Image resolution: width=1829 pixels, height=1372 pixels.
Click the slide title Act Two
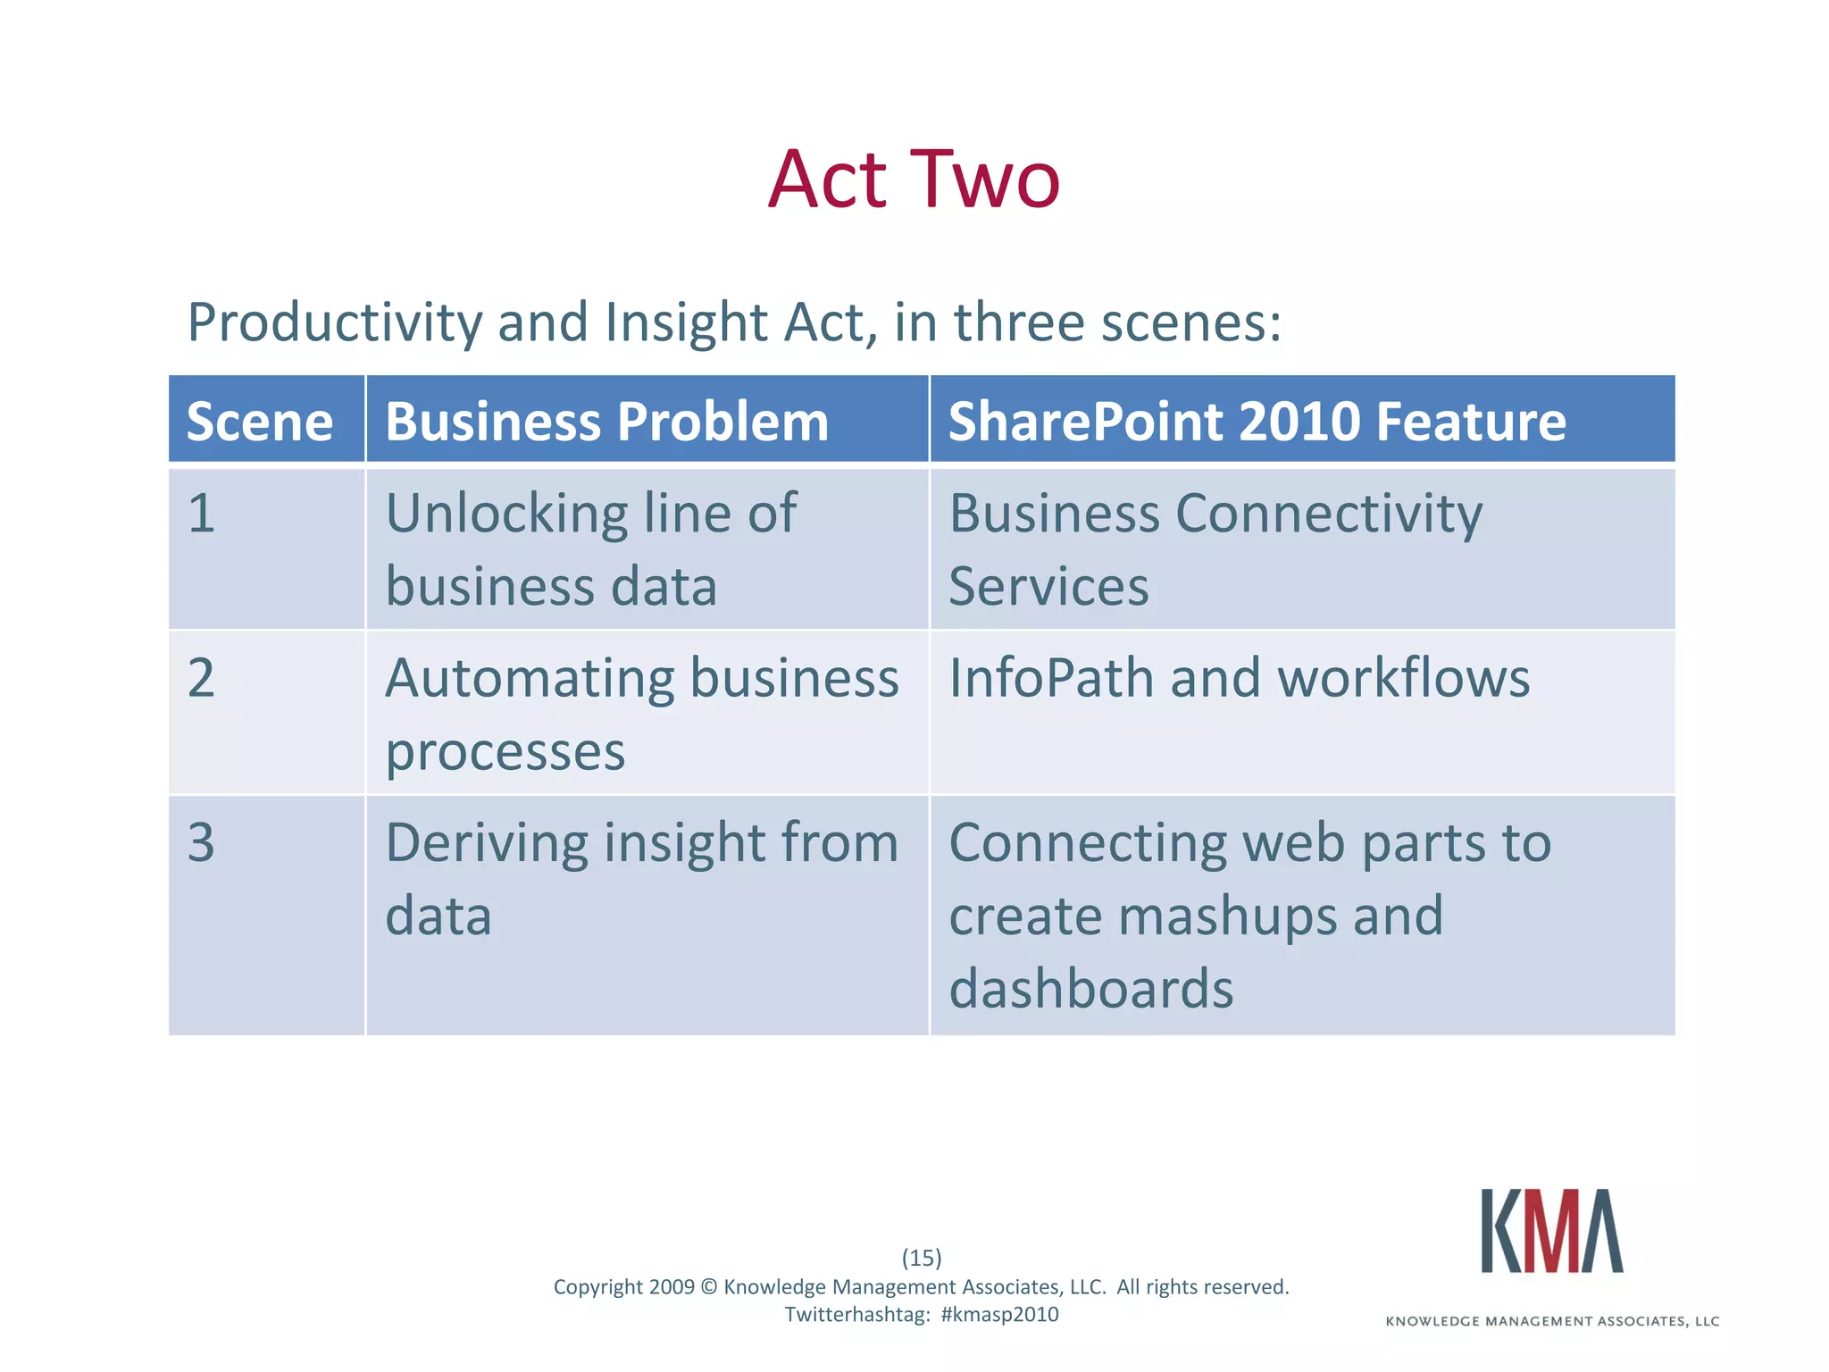point(914,180)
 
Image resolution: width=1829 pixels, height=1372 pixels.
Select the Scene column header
point(259,422)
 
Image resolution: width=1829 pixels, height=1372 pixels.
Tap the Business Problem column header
point(606,422)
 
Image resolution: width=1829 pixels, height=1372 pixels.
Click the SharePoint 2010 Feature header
point(1257,422)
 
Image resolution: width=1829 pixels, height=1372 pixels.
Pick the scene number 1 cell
point(202,514)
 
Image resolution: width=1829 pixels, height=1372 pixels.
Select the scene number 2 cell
point(202,678)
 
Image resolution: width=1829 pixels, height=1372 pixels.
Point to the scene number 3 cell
point(202,842)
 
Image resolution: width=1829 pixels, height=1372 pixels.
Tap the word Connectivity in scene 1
point(1329,515)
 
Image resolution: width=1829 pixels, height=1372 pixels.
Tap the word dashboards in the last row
point(1090,989)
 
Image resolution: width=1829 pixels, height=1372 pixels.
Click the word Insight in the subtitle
point(686,323)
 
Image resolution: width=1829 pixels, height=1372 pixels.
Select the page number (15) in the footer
point(922,1258)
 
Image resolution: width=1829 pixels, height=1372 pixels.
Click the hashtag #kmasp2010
point(999,1314)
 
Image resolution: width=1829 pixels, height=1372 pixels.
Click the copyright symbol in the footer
point(708,1287)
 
